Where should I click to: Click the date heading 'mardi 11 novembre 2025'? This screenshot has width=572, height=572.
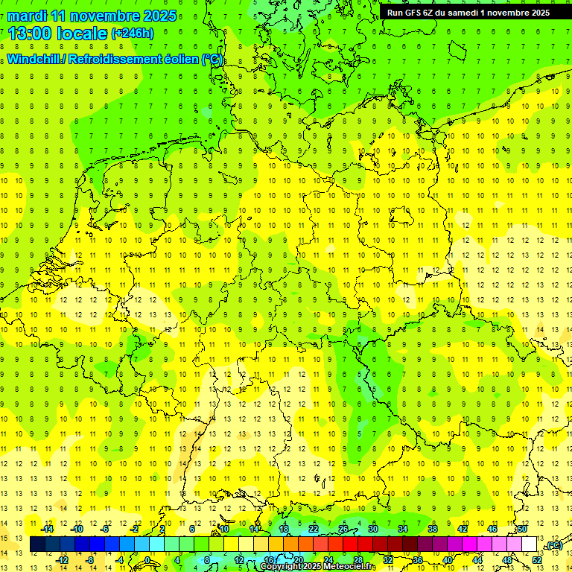click(x=92, y=16)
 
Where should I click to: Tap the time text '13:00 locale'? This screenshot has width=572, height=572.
click(x=58, y=33)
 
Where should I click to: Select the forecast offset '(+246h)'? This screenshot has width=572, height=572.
click(x=133, y=34)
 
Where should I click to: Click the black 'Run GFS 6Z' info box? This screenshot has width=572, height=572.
click(x=468, y=12)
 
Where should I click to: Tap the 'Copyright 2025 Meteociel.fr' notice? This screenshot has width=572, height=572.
click(x=318, y=567)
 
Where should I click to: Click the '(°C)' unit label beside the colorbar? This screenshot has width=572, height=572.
click(x=553, y=546)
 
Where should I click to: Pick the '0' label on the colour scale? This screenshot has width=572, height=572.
click(x=147, y=560)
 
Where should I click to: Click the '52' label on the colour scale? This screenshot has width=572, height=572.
click(x=537, y=560)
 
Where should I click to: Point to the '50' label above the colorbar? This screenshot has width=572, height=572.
click(x=522, y=529)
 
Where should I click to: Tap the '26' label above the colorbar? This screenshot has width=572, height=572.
click(x=343, y=529)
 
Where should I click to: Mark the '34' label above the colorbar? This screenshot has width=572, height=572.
click(x=403, y=529)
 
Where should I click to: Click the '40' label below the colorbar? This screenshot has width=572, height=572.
click(x=448, y=560)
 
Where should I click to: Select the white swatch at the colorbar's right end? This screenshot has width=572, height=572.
click(x=530, y=544)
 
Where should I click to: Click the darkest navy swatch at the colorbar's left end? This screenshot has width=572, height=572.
click(x=38, y=544)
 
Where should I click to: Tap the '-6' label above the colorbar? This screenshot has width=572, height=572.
click(x=105, y=529)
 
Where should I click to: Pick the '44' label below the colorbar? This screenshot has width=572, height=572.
click(x=477, y=560)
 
